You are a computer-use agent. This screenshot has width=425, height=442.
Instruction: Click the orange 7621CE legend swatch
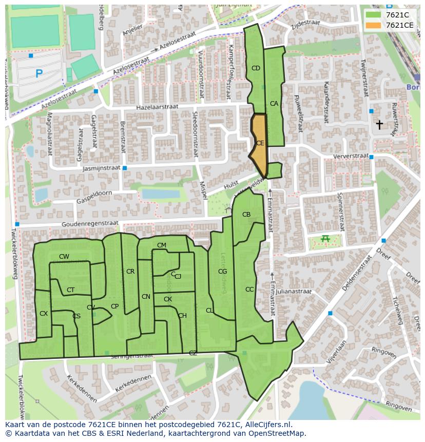coord(373,25)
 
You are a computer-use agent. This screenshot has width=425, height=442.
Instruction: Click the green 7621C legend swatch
coord(373,14)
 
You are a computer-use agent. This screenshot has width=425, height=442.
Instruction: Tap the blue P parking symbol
coord(39,74)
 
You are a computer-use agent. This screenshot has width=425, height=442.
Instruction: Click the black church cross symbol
coord(379,124)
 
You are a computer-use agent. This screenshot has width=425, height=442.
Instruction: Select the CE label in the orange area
coord(260,143)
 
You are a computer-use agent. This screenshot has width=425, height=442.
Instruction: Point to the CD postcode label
coord(256,68)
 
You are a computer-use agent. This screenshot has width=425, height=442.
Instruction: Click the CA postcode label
coord(274,104)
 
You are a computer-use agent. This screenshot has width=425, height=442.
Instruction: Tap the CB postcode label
coord(246,215)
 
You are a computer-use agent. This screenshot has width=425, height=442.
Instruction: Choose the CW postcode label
coord(64,257)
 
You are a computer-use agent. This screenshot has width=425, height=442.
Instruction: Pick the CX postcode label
coord(44,314)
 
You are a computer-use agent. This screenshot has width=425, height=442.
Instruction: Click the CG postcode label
coord(222,272)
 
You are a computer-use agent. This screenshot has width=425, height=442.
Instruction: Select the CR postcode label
coord(130,272)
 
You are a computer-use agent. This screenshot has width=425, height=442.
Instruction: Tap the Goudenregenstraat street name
coord(90,224)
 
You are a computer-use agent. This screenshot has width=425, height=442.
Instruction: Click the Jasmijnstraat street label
coord(101,168)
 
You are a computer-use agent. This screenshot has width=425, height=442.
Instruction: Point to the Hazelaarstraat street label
coord(157,107)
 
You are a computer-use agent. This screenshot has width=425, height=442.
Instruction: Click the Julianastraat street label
coord(293,291)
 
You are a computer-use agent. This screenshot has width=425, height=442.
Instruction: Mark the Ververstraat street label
coord(351,156)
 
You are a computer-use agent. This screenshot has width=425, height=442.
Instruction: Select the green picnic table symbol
coord(324,238)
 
